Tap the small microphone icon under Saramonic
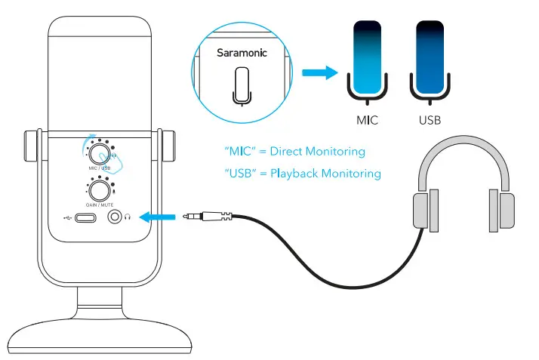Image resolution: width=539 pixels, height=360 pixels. (x=241, y=84)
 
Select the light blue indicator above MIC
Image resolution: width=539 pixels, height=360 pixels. (x=366, y=55)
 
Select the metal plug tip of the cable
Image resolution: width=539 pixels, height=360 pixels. (x=192, y=217)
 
